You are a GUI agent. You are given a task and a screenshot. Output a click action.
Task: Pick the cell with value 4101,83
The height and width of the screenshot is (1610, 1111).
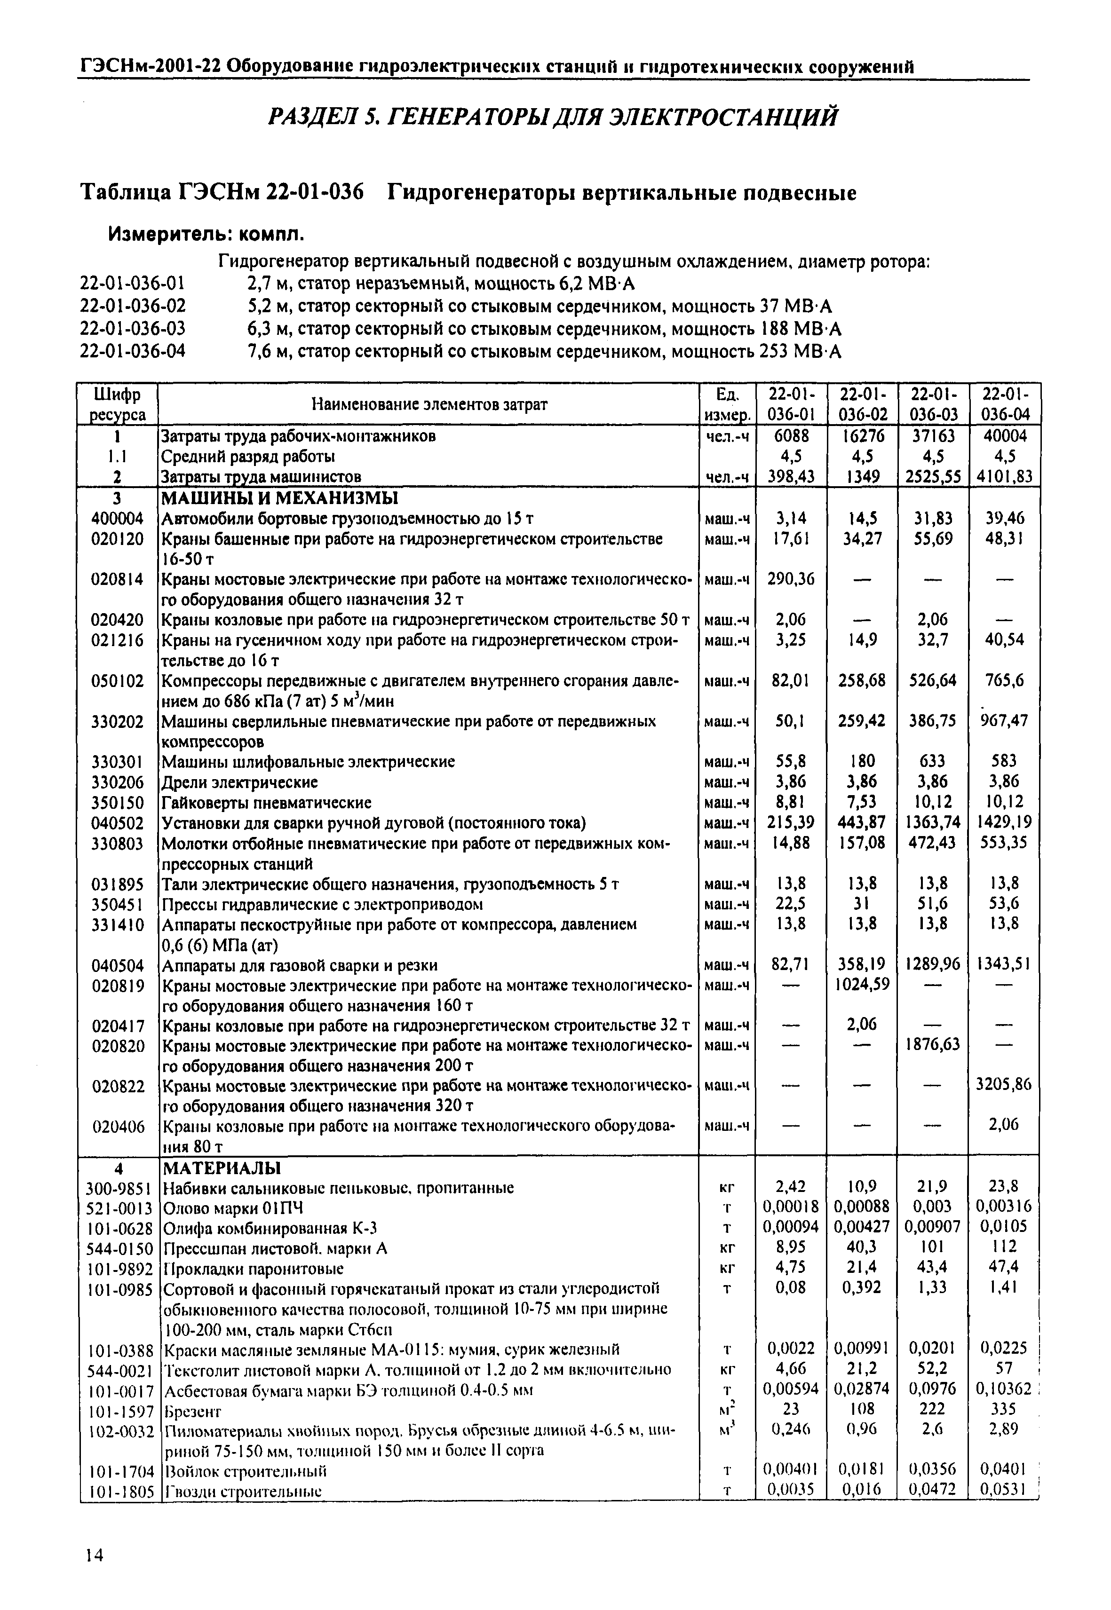click(x=1003, y=477)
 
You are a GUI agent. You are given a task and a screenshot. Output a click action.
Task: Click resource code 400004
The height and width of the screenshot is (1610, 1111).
click(x=118, y=518)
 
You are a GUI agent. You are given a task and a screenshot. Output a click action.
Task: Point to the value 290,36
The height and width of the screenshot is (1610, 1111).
click(x=791, y=579)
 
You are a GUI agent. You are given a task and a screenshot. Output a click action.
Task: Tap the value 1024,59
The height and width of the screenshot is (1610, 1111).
click(x=863, y=985)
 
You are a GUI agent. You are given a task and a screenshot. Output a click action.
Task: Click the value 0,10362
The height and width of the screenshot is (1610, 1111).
click(x=1002, y=1389)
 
